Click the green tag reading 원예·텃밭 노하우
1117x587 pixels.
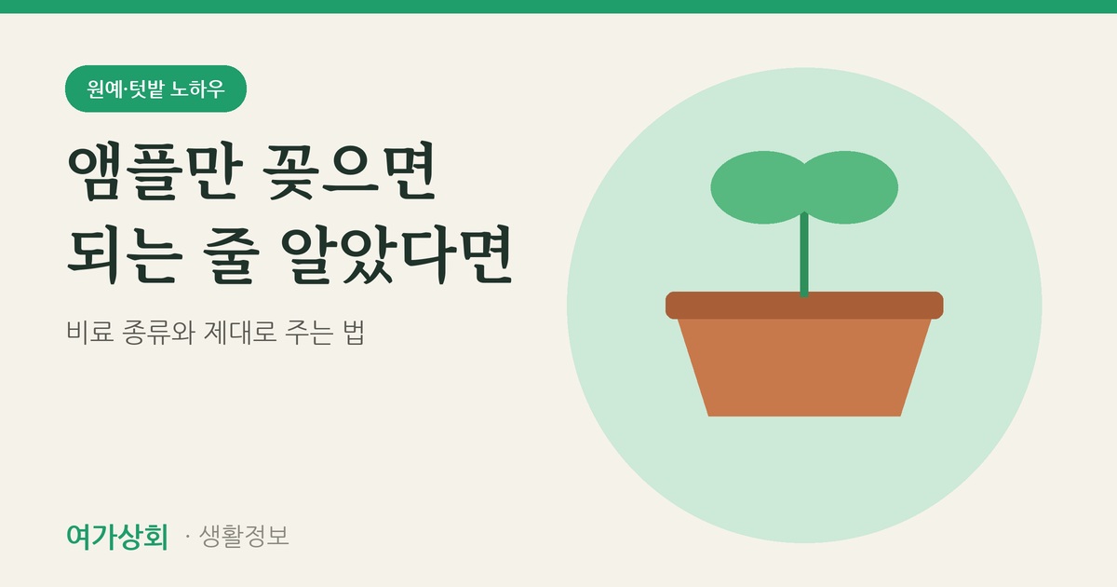tap(155, 89)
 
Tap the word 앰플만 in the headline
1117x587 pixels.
tap(155, 171)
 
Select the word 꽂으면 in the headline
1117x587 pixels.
tap(350, 171)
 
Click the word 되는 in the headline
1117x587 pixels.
tap(125, 255)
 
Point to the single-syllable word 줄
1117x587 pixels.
tap(232, 255)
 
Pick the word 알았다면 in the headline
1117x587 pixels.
tap(397, 255)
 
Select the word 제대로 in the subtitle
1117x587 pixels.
tap(240, 332)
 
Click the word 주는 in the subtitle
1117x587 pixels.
tap(309, 332)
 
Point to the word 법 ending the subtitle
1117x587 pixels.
tap(354, 332)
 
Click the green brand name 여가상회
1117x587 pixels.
tap(117, 537)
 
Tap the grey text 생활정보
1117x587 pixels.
tap(244, 536)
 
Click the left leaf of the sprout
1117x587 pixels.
tap(757, 187)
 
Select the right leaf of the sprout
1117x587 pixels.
tap(850, 187)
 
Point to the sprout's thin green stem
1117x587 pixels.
tap(804, 254)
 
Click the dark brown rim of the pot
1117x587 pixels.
tap(804, 305)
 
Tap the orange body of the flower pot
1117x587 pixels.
tap(804, 367)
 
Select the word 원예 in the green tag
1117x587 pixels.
tap(104, 89)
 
